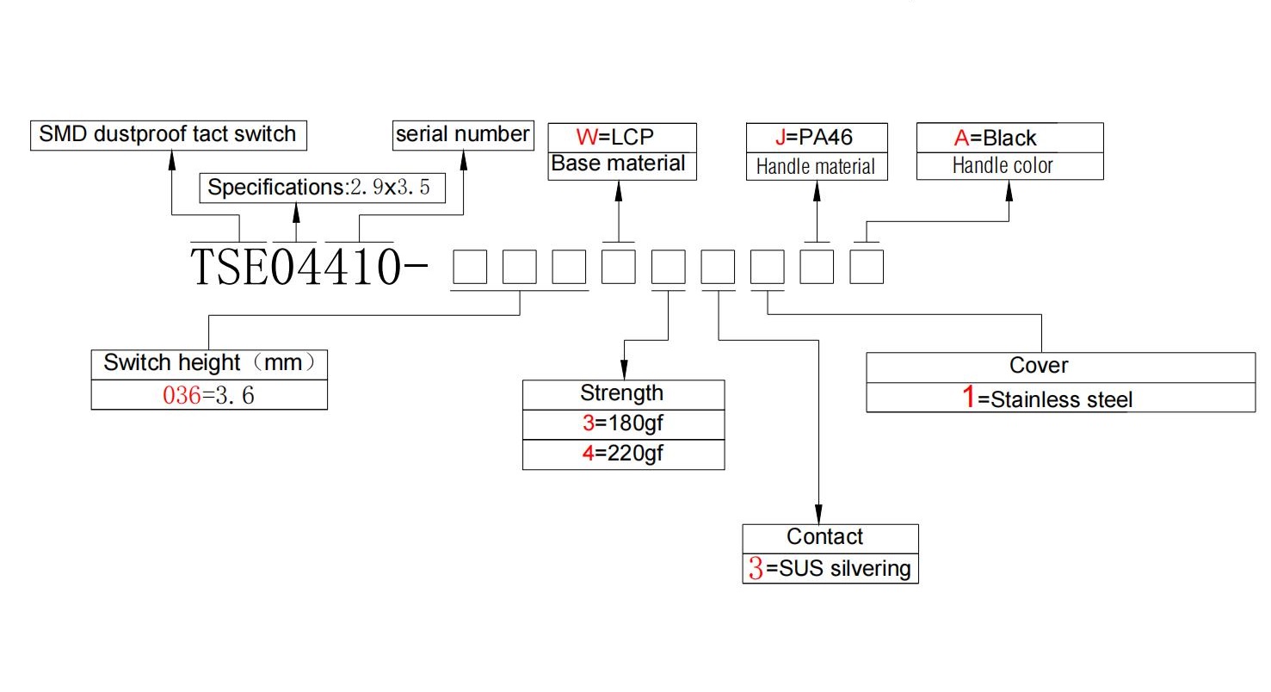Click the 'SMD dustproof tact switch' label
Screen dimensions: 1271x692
[168, 135]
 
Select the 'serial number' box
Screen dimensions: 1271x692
[463, 135]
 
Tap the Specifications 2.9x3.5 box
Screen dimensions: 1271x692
[323, 188]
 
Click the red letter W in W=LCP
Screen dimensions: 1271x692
[587, 138]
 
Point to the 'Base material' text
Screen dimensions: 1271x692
[618, 164]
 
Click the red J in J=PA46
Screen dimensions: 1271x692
[780, 138]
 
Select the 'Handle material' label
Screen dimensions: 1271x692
[816, 167]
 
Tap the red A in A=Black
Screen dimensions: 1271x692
[962, 138]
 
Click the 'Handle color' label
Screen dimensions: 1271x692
[1003, 166]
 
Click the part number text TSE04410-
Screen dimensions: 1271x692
[309, 267]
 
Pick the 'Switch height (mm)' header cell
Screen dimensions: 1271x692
[209, 364]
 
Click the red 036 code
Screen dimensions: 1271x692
[182, 395]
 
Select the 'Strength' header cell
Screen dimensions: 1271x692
[624, 394]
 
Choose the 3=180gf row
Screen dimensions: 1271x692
[624, 424]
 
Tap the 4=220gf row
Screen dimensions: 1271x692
[624, 454]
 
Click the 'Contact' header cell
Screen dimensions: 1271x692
[830, 539]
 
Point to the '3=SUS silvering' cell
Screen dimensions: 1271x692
[830, 569]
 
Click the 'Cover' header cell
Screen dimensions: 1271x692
[1060, 368]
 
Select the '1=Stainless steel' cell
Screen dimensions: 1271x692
[1060, 398]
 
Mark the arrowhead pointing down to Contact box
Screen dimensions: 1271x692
[818, 515]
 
